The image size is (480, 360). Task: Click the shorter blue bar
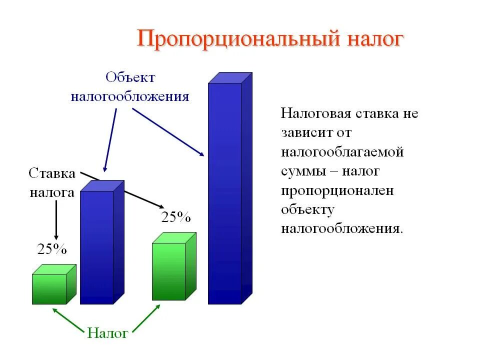(97, 245)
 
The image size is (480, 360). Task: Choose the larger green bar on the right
(169, 271)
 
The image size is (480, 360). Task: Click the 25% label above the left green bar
(52, 249)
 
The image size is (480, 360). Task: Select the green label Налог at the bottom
(107, 333)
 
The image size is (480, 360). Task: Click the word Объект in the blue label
(130, 77)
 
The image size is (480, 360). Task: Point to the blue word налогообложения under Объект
(130, 96)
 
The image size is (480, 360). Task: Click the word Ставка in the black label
(52, 173)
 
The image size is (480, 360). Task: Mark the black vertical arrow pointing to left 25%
(56, 218)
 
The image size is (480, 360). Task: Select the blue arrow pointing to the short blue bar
(110, 140)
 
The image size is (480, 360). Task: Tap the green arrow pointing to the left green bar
(67, 320)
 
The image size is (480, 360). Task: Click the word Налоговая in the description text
(316, 113)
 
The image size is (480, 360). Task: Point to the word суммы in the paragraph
(301, 171)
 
